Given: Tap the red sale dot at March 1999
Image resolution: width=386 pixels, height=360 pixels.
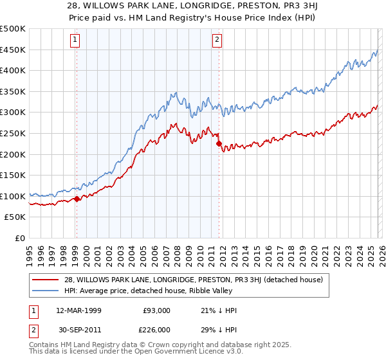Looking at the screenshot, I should coord(77,199).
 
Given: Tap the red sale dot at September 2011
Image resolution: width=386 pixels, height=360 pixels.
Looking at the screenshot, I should coord(219,143).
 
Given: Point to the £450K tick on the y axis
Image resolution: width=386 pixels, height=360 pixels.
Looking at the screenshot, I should coord(14,50).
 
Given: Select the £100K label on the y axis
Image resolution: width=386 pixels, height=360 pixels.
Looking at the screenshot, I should coord(14,196).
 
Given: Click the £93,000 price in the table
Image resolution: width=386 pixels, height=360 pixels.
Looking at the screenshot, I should coord(157,310).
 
